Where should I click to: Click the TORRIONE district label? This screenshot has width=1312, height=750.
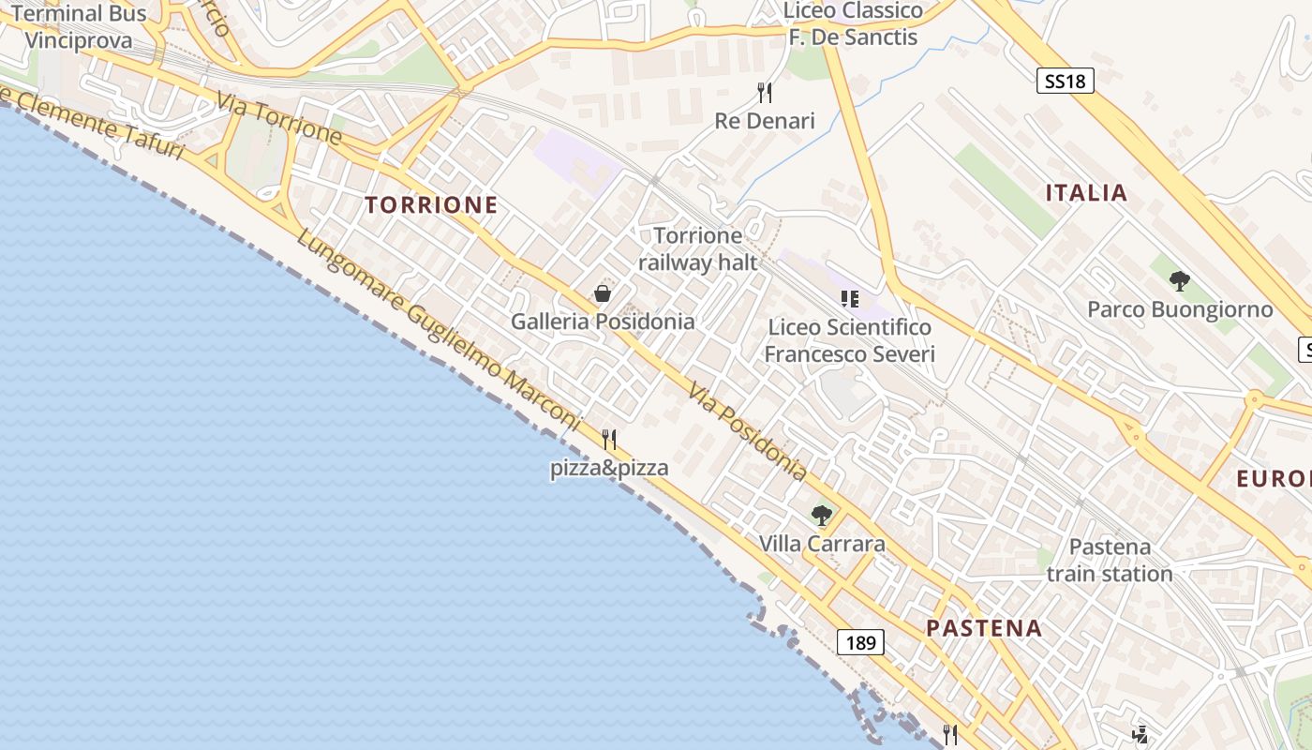431,204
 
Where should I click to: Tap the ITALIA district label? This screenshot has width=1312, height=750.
1086,193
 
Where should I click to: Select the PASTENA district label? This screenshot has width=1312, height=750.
984,628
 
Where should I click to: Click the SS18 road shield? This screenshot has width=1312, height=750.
1066,81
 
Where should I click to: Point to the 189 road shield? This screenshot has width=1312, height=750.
859,642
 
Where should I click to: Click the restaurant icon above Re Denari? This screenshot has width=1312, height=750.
765,92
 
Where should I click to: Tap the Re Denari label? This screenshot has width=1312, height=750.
765,121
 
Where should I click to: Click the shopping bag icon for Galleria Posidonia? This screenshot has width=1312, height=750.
603,294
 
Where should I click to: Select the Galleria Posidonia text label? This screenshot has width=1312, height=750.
603,322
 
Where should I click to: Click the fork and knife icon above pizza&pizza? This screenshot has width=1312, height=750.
609,439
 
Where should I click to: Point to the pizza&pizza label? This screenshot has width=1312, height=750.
609,468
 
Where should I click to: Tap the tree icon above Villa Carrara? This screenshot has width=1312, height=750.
822,516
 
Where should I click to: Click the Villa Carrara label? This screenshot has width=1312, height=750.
822,544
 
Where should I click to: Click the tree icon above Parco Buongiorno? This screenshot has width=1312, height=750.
1180,280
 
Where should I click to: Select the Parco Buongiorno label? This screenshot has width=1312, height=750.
1180,309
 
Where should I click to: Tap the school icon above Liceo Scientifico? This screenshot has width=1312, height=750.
850,299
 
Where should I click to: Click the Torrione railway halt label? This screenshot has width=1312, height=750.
698,248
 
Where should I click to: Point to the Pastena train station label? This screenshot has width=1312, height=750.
1110,560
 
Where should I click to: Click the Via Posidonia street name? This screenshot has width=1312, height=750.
748,432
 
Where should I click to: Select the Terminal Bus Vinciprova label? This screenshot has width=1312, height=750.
79,26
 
